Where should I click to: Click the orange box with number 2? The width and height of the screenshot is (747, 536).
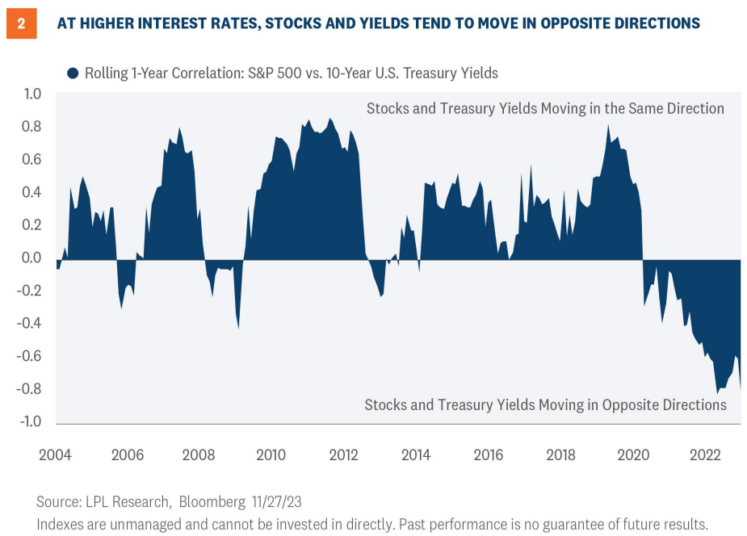[x=21, y=23]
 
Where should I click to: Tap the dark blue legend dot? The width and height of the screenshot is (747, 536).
[x=73, y=73]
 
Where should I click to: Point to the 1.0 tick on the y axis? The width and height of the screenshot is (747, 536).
[x=31, y=94]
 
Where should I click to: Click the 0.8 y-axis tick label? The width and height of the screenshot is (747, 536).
[x=31, y=127]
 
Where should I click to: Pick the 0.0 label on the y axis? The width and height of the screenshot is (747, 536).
[x=31, y=258]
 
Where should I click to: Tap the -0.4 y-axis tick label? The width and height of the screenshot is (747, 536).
[x=29, y=324]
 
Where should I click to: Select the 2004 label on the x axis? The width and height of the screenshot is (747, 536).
[x=55, y=455]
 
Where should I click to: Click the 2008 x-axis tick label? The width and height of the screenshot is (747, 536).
[x=199, y=455]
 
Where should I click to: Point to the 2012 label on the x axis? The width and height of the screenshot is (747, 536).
[x=344, y=455]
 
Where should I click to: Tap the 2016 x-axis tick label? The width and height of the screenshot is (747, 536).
[x=488, y=455]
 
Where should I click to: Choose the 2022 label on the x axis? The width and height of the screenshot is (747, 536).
[x=705, y=455]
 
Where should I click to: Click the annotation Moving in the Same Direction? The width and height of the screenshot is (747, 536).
[x=545, y=108]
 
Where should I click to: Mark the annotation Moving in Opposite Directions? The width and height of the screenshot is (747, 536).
[x=545, y=404]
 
